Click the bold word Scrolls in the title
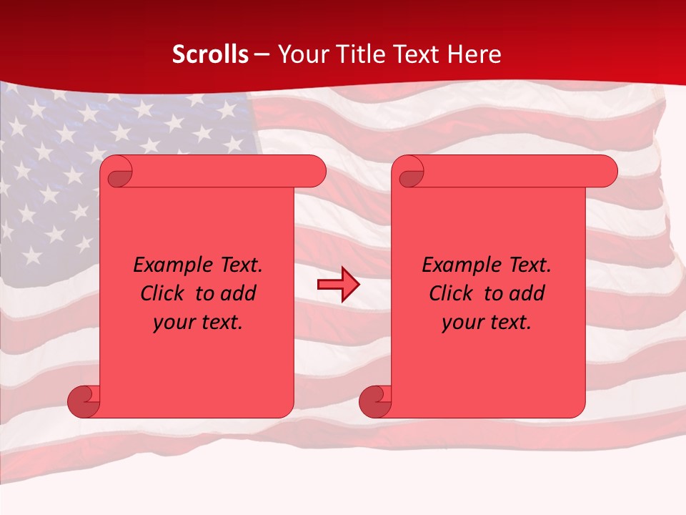[x=211, y=54]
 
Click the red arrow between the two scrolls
[x=338, y=285]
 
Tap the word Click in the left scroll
[x=162, y=293]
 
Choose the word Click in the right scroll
[x=451, y=293]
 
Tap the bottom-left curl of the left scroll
[x=83, y=401]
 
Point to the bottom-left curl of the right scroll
[x=374, y=401]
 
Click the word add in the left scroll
[x=238, y=293]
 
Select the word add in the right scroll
[x=527, y=293]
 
